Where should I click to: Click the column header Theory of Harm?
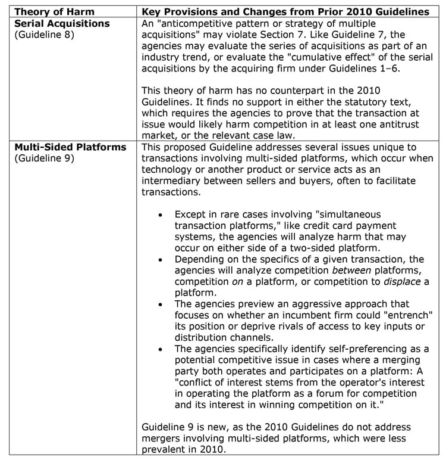pos(52,13)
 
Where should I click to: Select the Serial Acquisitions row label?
pos(62,23)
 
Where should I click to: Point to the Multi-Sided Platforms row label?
pos(70,147)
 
